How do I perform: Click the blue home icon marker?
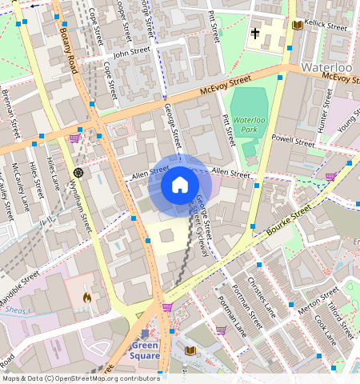[x=180, y=186]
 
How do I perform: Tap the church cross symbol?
[x=255, y=34]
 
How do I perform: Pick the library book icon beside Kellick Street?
[x=298, y=26]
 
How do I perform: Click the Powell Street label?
[x=294, y=141]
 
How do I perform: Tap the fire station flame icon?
[x=86, y=297]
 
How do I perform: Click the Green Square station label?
[x=146, y=351]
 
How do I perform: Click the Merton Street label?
[x=318, y=302]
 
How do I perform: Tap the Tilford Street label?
[x=342, y=319]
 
